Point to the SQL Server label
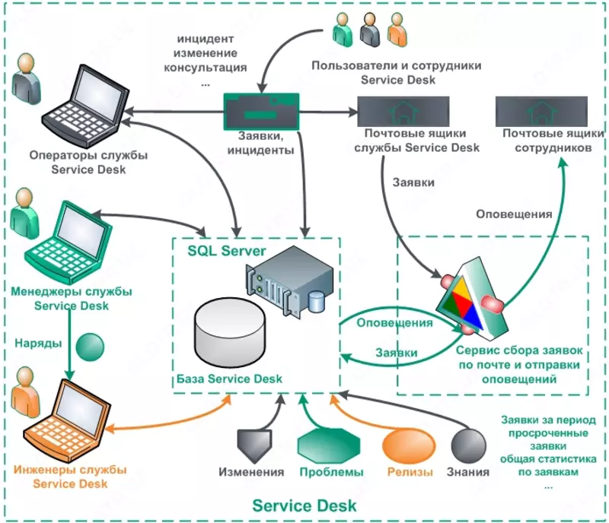pyautogui.click(x=226, y=249)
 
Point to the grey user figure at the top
pyautogui.click(x=370, y=30)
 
